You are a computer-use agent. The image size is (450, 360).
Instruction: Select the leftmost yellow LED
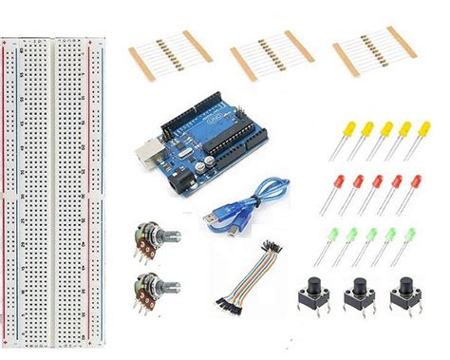[340, 128]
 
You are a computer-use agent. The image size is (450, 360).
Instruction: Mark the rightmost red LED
[411, 180]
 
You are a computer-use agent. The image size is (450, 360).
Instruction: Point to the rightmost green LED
[411, 233]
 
